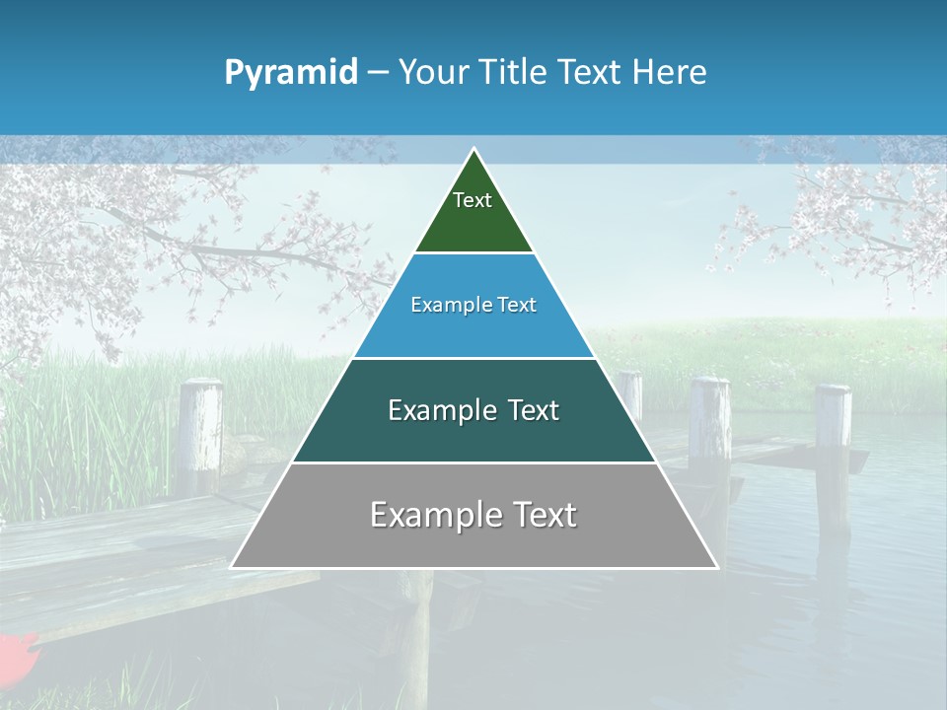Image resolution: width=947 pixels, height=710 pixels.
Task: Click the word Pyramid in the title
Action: [x=290, y=72]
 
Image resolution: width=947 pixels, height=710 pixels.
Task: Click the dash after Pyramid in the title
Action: [x=377, y=73]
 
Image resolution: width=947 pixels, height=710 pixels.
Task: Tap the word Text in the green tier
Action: [x=473, y=200]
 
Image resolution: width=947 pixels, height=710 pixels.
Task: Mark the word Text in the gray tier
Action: [x=541, y=515]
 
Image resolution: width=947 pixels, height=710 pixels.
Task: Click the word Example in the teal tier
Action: [x=438, y=410]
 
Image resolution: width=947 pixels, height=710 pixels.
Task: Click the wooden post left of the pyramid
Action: [x=200, y=434]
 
